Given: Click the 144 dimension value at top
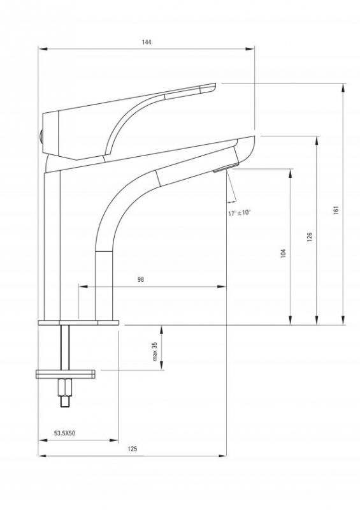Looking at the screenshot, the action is click(x=147, y=42).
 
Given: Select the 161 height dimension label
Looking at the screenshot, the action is click(x=336, y=210).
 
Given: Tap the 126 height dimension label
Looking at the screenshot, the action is click(x=310, y=237).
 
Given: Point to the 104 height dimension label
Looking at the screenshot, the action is click(x=283, y=253).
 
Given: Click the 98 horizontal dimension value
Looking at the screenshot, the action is click(x=140, y=279).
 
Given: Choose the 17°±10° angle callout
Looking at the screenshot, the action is click(x=240, y=213).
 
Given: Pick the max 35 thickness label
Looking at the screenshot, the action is click(x=154, y=351).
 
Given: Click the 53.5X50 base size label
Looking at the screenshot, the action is click(x=65, y=433).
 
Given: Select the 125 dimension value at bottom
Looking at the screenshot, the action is click(x=133, y=449).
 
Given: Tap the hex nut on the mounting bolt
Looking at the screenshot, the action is click(x=64, y=387).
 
